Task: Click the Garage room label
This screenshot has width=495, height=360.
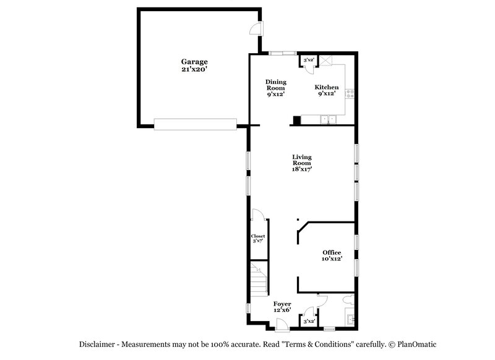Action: click(x=194, y=62)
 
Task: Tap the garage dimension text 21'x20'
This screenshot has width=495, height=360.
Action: click(x=194, y=70)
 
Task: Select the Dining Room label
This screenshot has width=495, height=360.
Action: click(x=275, y=85)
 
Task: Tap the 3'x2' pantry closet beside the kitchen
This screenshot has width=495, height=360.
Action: click(x=308, y=61)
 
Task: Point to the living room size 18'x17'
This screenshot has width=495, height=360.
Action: click(x=301, y=169)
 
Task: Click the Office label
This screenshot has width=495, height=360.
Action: click(x=332, y=252)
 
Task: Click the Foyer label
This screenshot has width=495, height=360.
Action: click(x=282, y=304)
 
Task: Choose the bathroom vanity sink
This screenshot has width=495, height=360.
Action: click(x=351, y=319)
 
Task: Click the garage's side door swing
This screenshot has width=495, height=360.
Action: click(x=254, y=28)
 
